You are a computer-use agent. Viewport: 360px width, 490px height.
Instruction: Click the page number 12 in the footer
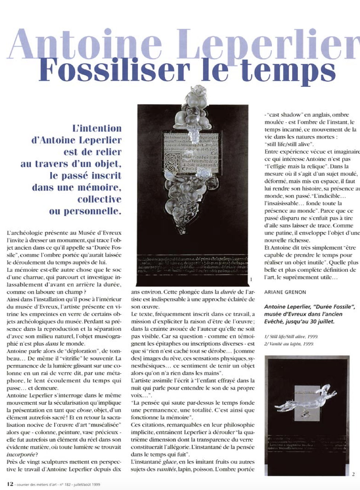10,484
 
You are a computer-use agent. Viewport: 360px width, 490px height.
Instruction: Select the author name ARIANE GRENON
285,292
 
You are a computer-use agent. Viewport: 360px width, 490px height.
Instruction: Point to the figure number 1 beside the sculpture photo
251,279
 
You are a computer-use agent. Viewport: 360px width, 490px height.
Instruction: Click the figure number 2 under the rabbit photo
353,474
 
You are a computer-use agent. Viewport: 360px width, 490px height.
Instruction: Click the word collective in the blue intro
99,200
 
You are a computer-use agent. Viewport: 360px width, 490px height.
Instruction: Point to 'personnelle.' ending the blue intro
85,212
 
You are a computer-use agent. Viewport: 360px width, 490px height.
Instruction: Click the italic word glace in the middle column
169,462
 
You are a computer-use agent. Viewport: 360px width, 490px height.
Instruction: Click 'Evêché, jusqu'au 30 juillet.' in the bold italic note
299,321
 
